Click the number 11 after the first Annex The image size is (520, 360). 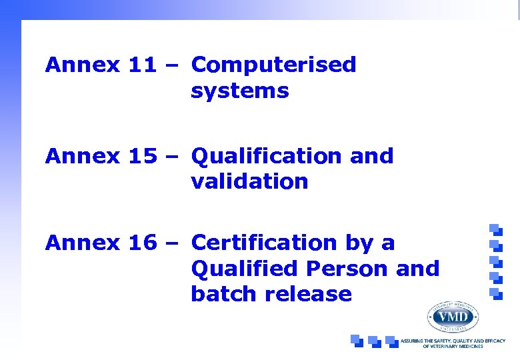pyautogui.click(x=142, y=65)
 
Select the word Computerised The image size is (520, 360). pyautogui.click(x=273, y=65)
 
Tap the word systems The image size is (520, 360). pyautogui.click(x=239, y=91)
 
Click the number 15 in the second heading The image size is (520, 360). pyautogui.click(x=142, y=157)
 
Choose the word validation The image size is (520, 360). pyautogui.click(x=249, y=181)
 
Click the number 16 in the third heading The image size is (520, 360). pyautogui.click(x=142, y=243)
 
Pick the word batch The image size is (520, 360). pyautogui.click(x=220, y=294)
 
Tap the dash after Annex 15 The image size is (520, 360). pyautogui.click(x=173, y=157)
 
